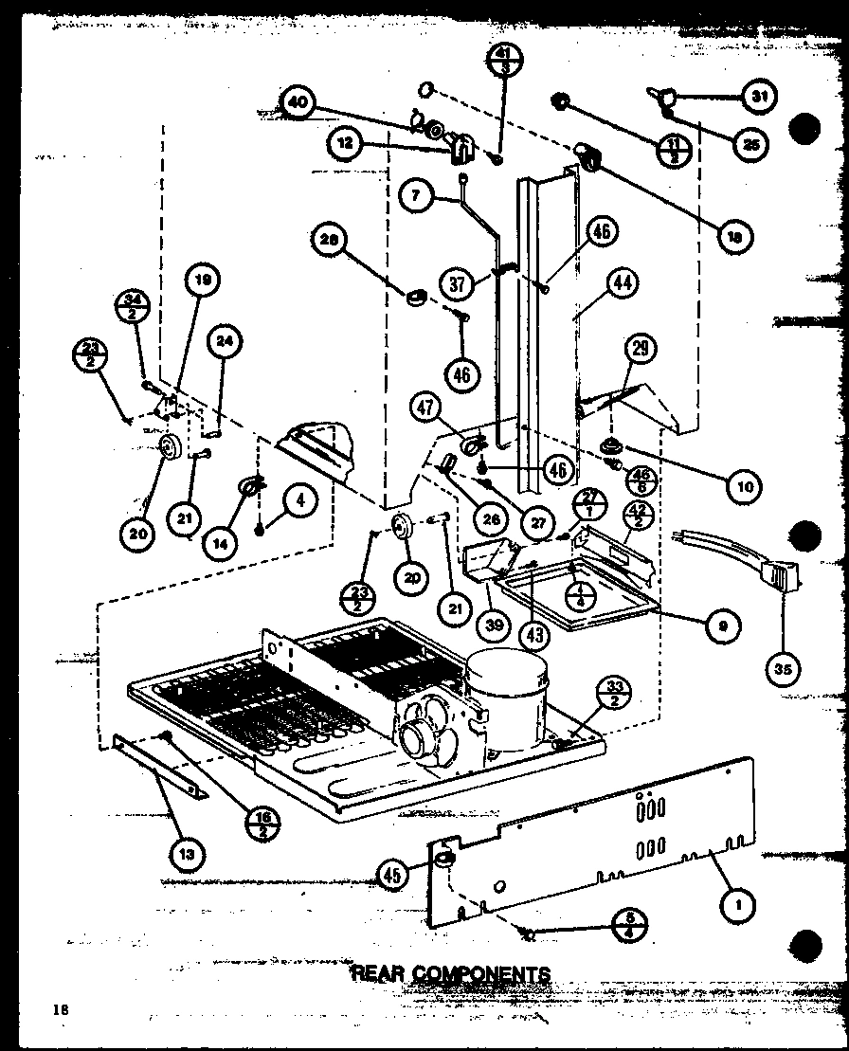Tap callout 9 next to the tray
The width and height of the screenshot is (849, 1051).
pyautogui.click(x=723, y=625)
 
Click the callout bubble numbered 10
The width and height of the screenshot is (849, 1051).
pyautogui.click(x=745, y=487)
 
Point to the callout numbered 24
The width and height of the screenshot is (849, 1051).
pyautogui.click(x=231, y=346)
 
